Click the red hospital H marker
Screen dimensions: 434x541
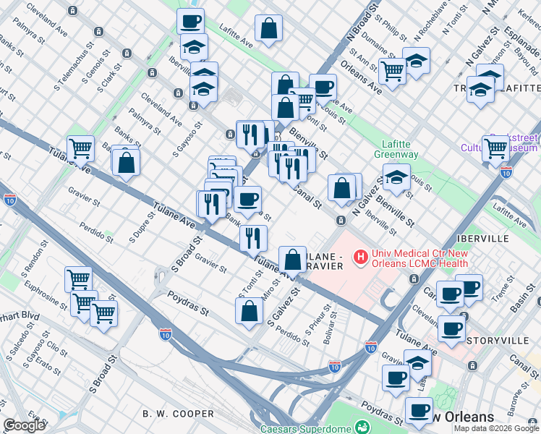pos(359,256)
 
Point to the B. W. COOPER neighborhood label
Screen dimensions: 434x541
pos(178,414)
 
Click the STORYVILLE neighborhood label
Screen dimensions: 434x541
pos(490,340)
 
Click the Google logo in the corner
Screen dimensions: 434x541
pos(24,425)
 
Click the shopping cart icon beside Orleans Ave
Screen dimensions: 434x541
pos(392,72)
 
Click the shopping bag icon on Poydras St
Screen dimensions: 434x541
pos(249,310)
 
